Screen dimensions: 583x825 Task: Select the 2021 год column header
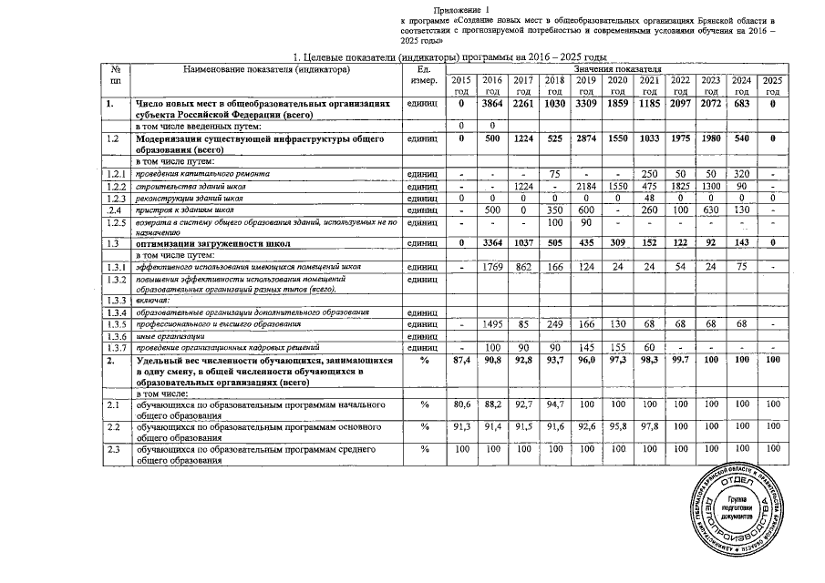[648, 87]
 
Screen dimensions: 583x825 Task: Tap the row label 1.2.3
[114, 198]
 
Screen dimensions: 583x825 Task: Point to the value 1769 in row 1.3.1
[492, 267]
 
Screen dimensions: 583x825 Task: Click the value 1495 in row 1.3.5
[492, 324]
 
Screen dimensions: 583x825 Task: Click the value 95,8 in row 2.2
[617, 426]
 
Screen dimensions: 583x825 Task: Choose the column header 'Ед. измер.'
[422, 75]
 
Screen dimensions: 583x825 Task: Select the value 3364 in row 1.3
[492, 243]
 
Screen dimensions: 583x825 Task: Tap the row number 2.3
[114, 449]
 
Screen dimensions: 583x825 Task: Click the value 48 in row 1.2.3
[648, 198]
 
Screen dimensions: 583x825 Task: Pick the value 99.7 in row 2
[679, 362]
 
